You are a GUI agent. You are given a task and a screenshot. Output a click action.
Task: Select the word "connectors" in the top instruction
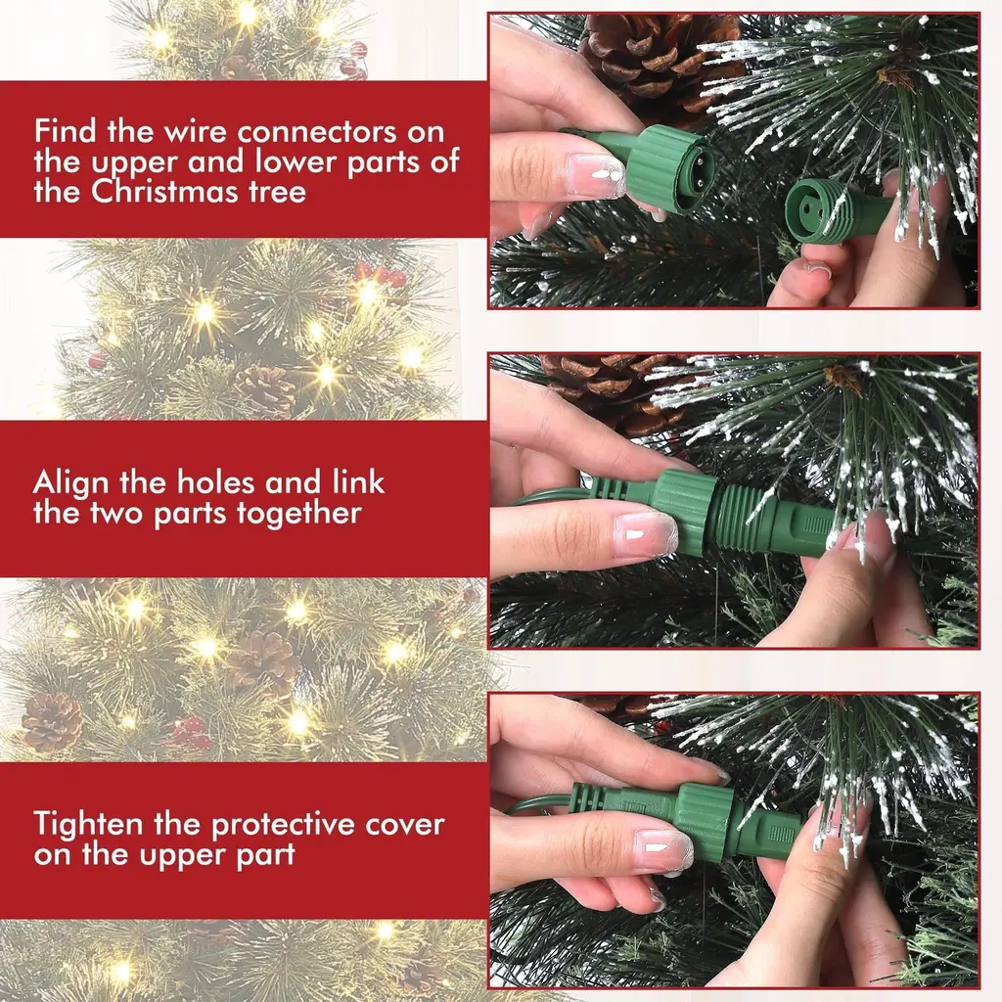pyautogui.click(x=341, y=132)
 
